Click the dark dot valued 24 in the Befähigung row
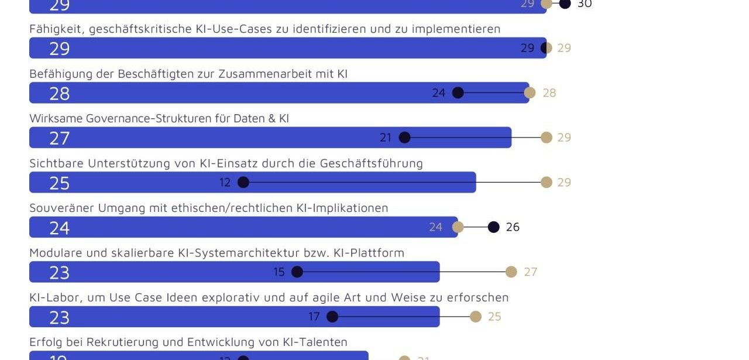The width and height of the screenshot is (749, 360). click(x=458, y=92)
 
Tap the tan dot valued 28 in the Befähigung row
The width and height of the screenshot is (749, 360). click(x=530, y=92)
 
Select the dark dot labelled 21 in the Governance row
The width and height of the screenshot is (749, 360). click(x=404, y=138)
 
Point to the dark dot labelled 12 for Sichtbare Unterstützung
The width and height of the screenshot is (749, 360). click(x=243, y=182)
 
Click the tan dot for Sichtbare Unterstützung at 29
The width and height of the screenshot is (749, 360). click(x=547, y=182)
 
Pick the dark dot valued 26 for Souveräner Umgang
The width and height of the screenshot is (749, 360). click(x=494, y=227)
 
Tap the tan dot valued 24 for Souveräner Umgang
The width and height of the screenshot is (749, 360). click(x=458, y=227)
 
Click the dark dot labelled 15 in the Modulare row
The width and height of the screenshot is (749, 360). click(x=297, y=272)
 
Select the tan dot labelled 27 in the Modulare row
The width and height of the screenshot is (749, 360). click(x=511, y=272)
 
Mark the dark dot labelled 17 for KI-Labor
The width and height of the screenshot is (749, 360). click(x=332, y=317)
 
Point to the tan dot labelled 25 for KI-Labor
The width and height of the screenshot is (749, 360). click(x=476, y=317)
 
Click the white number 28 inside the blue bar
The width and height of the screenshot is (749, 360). click(x=60, y=94)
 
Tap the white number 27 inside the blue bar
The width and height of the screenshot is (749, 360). click(x=60, y=138)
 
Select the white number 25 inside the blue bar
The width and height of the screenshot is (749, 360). click(x=60, y=183)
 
